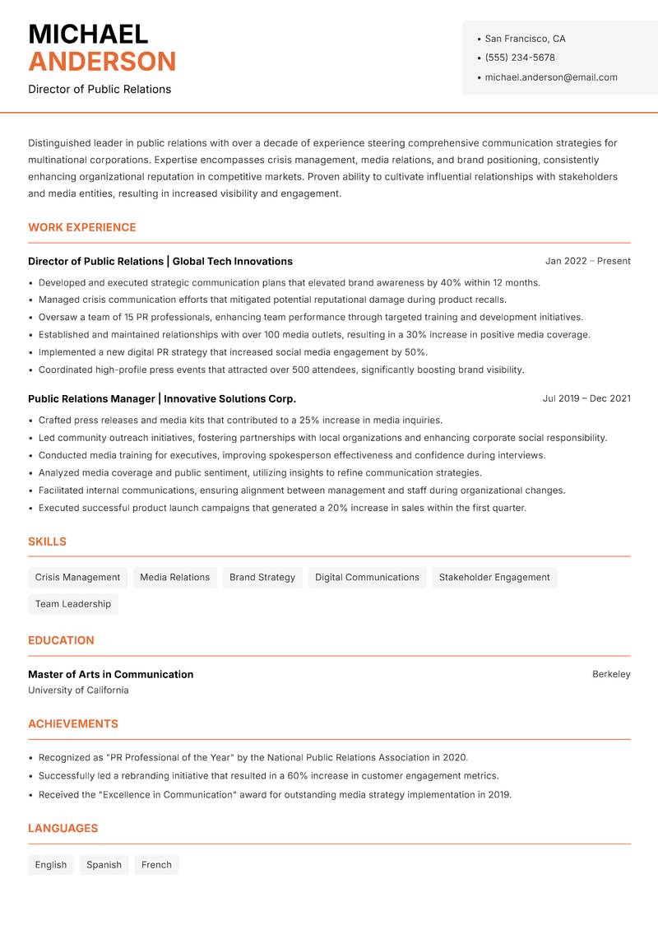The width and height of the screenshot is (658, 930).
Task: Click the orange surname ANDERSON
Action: (x=102, y=62)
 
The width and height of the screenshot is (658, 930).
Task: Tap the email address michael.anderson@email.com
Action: (x=550, y=77)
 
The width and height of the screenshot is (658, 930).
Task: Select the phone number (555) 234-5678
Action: (x=519, y=58)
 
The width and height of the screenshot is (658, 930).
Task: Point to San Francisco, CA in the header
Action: (x=525, y=39)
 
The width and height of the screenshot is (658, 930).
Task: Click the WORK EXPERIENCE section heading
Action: (x=82, y=227)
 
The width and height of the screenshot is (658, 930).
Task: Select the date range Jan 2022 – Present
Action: (x=587, y=261)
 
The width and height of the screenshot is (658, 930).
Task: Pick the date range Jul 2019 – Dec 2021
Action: (x=586, y=398)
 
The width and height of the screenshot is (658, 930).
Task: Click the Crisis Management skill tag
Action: (x=77, y=577)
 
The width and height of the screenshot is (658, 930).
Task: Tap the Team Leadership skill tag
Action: (x=73, y=603)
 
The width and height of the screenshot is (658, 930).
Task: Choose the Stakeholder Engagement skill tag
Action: (x=494, y=577)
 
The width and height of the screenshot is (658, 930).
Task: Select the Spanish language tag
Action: (x=104, y=864)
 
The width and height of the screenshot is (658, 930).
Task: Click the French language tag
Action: (x=156, y=864)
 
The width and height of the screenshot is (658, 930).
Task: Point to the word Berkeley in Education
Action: (x=611, y=674)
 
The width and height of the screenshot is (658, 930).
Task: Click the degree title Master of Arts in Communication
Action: (x=111, y=674)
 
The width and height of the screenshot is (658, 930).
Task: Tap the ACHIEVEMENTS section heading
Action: (x=73, y=723)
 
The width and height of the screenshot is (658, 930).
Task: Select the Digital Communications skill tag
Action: (x=367, y=577)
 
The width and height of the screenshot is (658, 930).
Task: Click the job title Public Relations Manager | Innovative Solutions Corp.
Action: (x=162, y=398)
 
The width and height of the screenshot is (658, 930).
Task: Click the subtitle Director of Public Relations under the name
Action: (x=100, y=89)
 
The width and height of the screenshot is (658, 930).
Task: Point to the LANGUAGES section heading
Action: (x=63, y=828)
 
